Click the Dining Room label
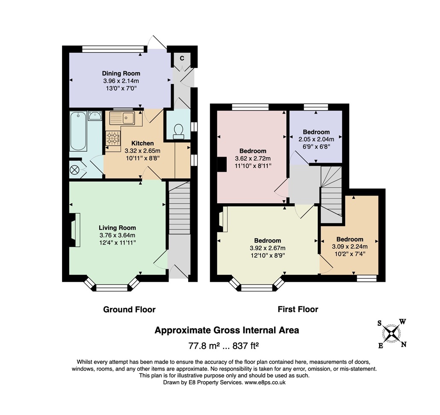pos(121,73)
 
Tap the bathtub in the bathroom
pos(78,131)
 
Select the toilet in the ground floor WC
pos(178,132)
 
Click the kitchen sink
pos(122,118)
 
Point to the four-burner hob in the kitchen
pos(113,138)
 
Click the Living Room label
pos(117,228)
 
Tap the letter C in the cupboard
pos(182,58)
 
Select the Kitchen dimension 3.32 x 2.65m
pos(142,151)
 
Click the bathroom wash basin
pos(95,115)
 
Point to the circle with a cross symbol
pos(75,170)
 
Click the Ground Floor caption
pos(130,310)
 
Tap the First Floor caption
pos(298,310)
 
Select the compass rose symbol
pos(391,333)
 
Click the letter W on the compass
pos(402,321)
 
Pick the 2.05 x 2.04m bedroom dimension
pos(316,139)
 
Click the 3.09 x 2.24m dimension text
pos(350,247)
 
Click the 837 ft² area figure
pos(245,346)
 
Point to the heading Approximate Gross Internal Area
pos(227,330)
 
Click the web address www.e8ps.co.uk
pos(265,383)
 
